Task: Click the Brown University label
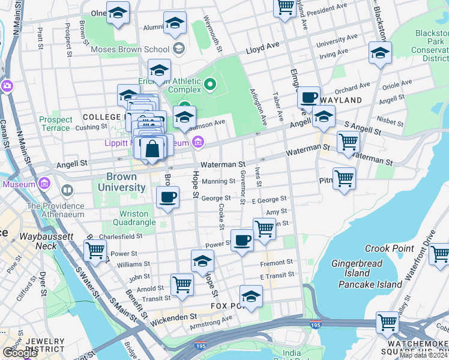click(x=129, y=182)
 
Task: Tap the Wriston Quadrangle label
click(x=133, y=218)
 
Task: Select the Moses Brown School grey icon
click(x=178, y=48)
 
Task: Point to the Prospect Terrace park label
click(x=56, y=124)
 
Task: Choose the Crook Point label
click(x=389, y=248)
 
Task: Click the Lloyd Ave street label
click(x=262, y=46)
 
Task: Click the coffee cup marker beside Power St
click(x=242, y=241)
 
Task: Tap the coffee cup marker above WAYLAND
click(x=309, y=97)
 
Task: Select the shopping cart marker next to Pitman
click(x=344, y=178)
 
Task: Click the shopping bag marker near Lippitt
click(x=152, y=148)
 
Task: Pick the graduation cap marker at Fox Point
click(x=251, y=296)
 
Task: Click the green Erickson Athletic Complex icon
click(x=209, y=83)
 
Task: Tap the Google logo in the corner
click(x=20, y=352)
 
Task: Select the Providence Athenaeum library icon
click(x=67, y=191)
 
